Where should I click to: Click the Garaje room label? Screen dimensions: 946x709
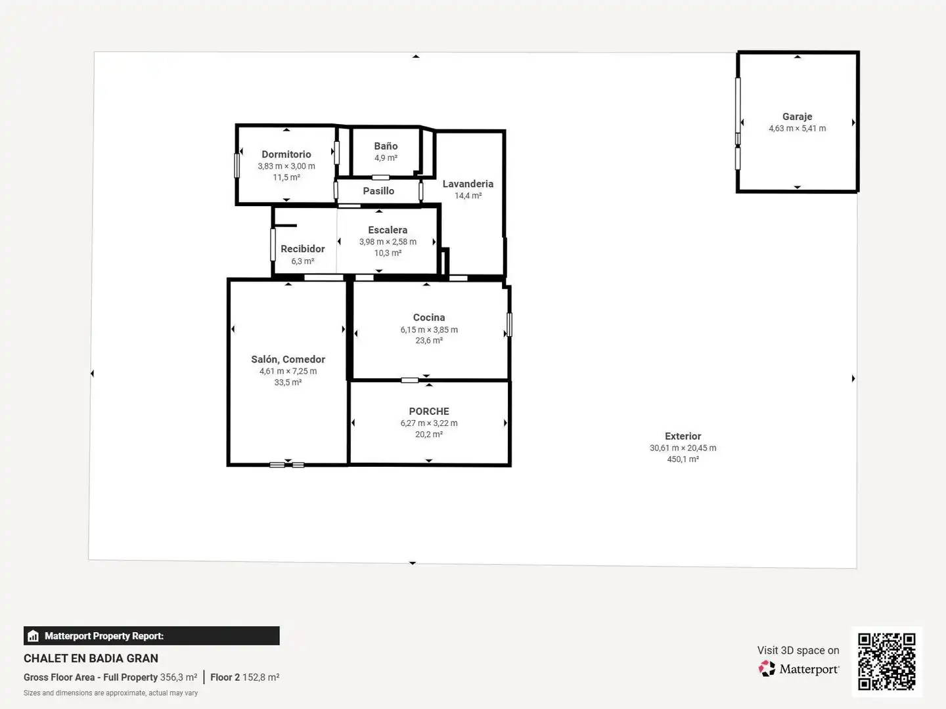[x=797, y=116]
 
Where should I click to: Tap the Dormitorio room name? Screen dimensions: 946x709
[x=286, y=154]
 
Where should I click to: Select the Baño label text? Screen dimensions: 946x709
[x=386, y=146]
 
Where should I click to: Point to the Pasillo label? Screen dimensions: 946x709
[x=378, y=190]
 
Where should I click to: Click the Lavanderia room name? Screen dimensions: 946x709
[x=468, y=184]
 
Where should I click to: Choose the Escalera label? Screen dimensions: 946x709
[x=388, y=230]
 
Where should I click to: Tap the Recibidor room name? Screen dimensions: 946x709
[x=303, y=249]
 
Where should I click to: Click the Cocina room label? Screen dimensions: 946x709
[x=429, y=317]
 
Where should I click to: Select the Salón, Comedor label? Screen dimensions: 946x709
[x=288, y=359]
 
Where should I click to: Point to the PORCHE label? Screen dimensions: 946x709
[x=429, y=411]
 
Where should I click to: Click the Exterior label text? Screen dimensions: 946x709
[x=683, y=436]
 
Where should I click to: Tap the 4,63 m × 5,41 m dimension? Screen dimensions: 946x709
[x=798, y=128]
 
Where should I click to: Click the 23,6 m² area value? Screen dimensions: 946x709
[x=429, y=340]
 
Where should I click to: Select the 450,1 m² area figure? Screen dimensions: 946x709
[x=683, y=459]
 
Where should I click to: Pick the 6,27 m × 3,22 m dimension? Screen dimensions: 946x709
[x=429, y=423]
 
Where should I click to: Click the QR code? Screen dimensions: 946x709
[x=886, y=661]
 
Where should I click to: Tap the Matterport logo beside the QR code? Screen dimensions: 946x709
[x=799, y=669]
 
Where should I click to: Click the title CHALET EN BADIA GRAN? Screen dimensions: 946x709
[x=91, y=658]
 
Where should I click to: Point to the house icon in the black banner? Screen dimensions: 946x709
[x=34, y=636]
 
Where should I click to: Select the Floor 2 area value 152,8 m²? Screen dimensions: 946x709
[x=261, y=677]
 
